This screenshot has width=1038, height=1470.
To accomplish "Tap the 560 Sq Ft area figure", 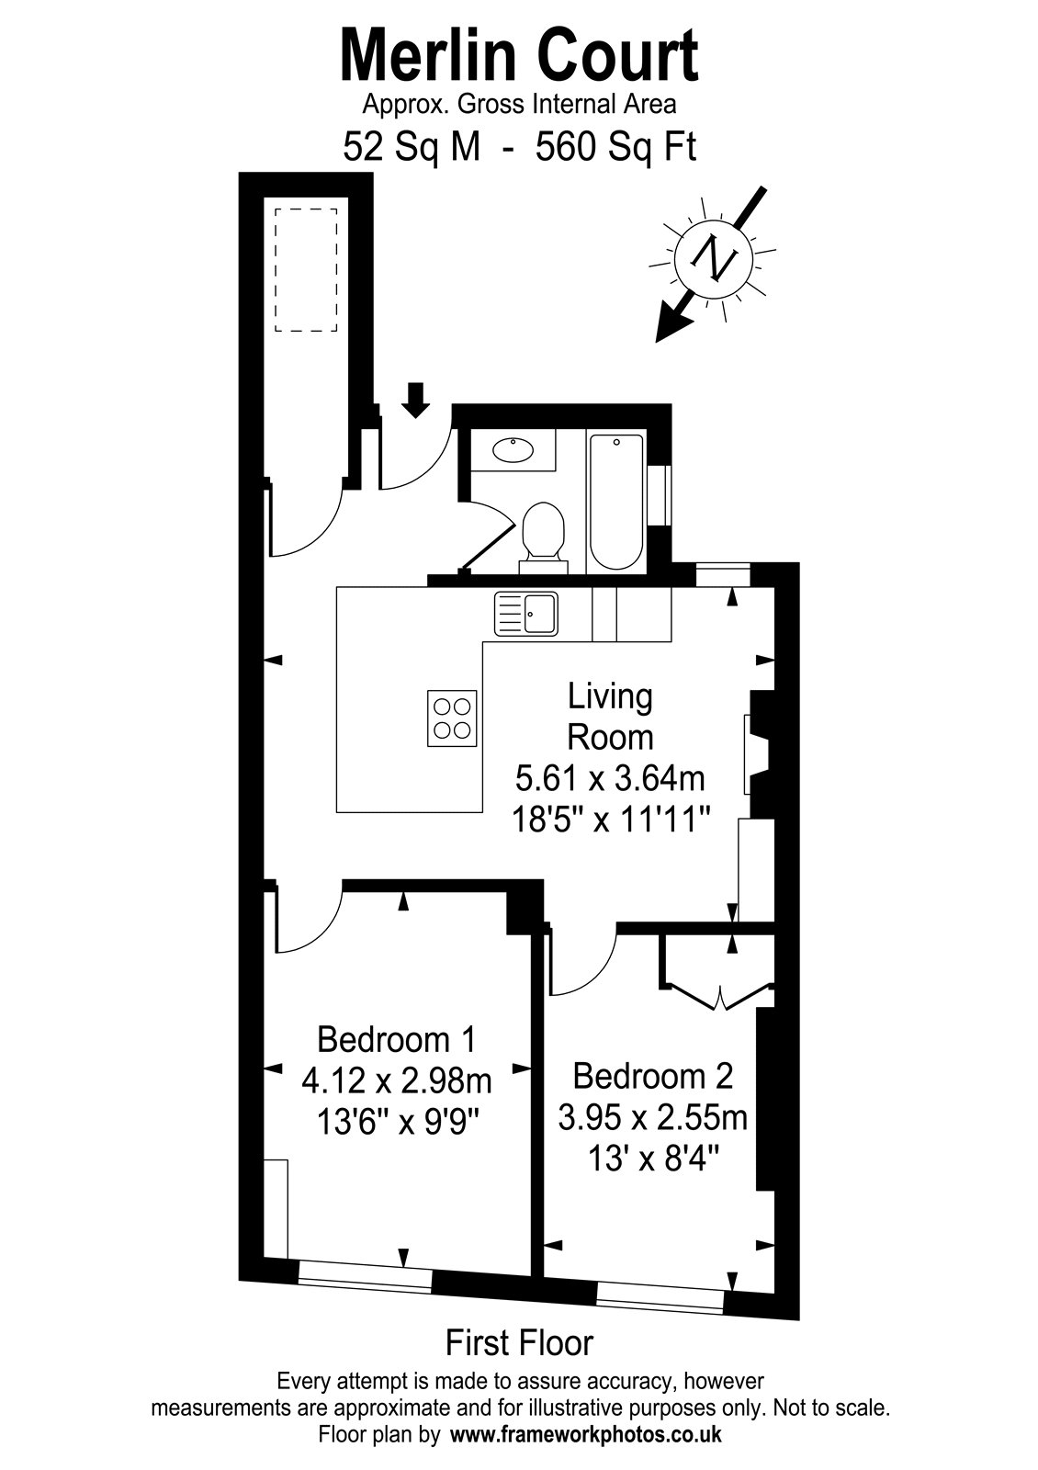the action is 615,147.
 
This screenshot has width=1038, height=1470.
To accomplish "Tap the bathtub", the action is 616,501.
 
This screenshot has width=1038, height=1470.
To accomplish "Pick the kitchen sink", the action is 526,614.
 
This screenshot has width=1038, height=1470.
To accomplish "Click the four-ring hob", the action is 452,718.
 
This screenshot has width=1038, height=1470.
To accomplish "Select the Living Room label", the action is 610,718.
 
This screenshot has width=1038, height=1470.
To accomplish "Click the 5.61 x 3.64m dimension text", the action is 610,779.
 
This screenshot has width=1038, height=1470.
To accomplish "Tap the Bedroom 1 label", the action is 396,1040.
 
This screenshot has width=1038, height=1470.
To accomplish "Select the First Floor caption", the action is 520,1342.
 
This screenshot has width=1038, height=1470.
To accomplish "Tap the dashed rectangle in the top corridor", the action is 306,270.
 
